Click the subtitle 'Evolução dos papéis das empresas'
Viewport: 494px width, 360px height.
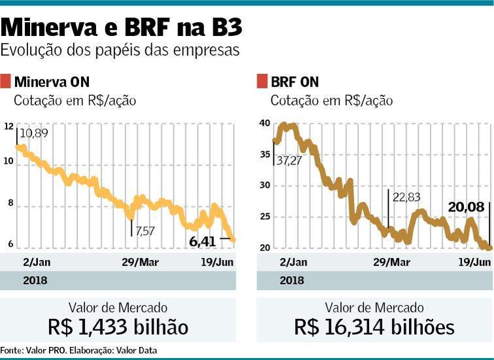[120, 50]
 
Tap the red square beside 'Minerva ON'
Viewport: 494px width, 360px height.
[6, 81]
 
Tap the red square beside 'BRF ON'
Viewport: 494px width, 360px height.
[262, 81]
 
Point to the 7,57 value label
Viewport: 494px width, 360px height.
[146, 230]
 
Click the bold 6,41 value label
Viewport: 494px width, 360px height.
[202, 241]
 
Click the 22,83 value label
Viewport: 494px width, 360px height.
[406, 197]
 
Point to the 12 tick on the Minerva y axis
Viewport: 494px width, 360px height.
[8, 126]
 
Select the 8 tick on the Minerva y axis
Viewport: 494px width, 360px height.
[10, 203]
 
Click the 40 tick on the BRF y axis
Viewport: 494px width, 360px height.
[264, 123]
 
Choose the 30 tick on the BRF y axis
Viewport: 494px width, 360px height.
[264, 185]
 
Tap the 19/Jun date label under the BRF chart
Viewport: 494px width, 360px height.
[474, 262]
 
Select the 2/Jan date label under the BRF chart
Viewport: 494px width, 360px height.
[293, 262]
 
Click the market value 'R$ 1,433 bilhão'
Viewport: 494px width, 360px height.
[118, 327]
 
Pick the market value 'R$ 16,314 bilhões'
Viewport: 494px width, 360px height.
[374, 327]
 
